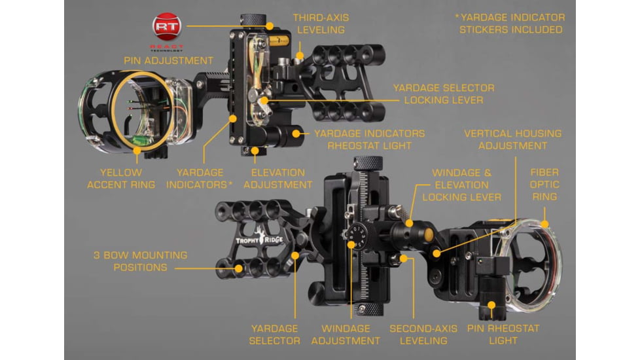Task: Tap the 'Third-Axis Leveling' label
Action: tap(321, 24)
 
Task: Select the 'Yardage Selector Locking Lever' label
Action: tap(444, 94)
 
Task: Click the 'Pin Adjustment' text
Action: tap(169, 60)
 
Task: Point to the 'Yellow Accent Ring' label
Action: tap(121, 179)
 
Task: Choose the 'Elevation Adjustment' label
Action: tap(278, 179)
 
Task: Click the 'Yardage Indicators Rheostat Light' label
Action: tap(369, 139)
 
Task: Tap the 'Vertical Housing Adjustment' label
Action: tap(512, 139)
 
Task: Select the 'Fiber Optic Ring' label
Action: tap(544, 184)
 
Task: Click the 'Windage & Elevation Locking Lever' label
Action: tap(461, 185)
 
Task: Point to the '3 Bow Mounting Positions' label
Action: tap(141, 261)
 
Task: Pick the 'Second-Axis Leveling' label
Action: tap(423, 334)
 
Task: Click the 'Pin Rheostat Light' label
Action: tap(503, 334)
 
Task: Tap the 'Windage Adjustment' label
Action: tap(346, 334)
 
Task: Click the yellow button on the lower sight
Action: tap(428, 235)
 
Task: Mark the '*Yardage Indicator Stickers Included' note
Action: tap(510, 24)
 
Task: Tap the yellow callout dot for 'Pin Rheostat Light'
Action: tap(492, 305)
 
